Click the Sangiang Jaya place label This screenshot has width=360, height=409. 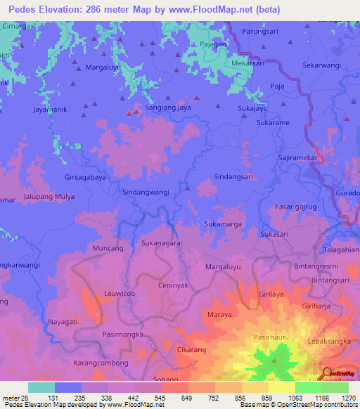(x=167, y=109)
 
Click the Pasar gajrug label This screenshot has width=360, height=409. (x=297, y=207)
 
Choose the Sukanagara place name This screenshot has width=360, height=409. (x=161, y=243)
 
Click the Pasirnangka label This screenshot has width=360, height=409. (x=123, y=335)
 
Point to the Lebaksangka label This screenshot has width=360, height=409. (x=329, y=341)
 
